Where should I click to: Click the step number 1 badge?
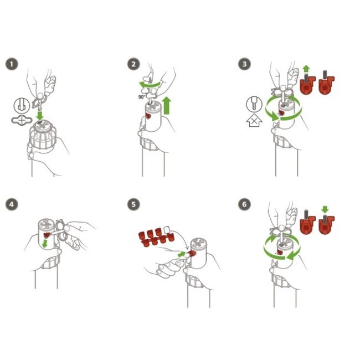pyautogui.click(x=12, y=64)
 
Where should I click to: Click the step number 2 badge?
pyautogui.click(x=133, y=64)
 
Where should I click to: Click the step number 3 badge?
pyautogui.click(x=244, y=64)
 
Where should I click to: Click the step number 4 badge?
pyautogui.click(x=12, y=204)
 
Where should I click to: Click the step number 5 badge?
pyautogui.click(x=133, y=204)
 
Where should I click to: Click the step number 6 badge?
pyautogui.click(x=244, y=204)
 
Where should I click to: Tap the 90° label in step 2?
pyautogui.click(x=142, y=97)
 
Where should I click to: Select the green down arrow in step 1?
pyautogui.click(x=40, y=116)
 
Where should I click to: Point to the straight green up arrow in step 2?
pyautogui.click(x=167, y=105)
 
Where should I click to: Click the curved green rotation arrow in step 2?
pyautogui.click(x=149, y=85)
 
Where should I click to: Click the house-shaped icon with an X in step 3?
pyautogui.click(x=254, y=120)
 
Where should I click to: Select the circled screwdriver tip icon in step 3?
pyautogui.click(x=254, y=104)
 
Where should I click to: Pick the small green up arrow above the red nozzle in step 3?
pyautogui.click(x=306, y=69)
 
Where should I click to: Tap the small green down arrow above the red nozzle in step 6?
pyautogui.click(x=325, y=209)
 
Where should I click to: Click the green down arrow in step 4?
pyautogui.click(x=45, y=244)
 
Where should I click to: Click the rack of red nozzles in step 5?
pyautogui.click(x=156, y=237)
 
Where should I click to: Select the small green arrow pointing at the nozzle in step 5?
pyautogui.click(x=182, y=254)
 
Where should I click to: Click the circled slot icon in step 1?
pyautogui.click(x=22, y=106)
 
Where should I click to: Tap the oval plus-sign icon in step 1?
pyautogui.click(x=22, y=120)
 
